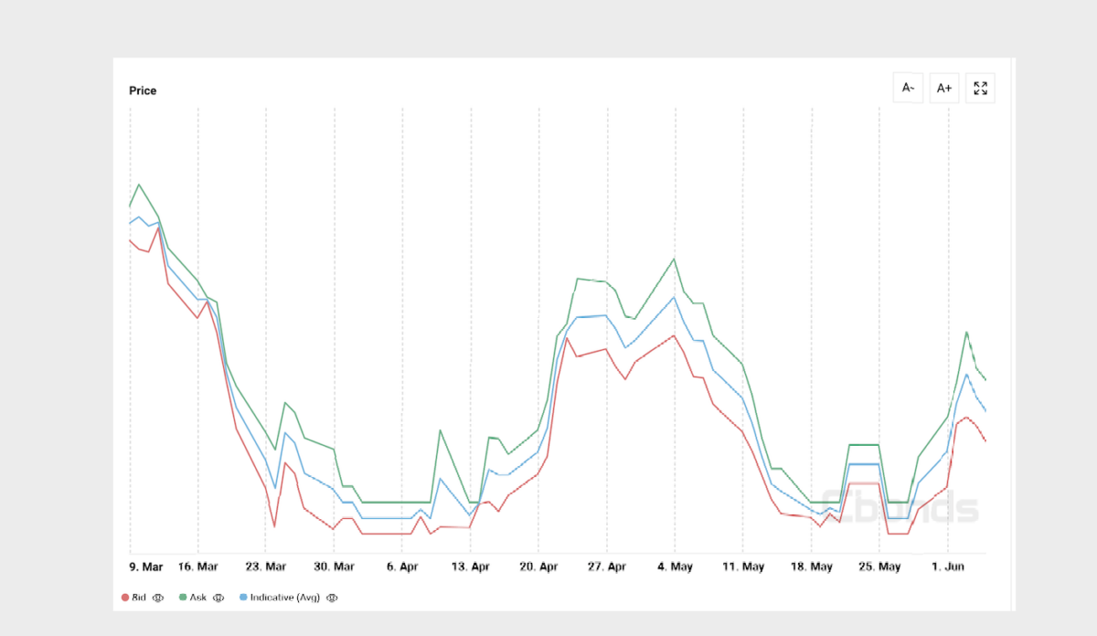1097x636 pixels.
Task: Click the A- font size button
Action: coord(908,88)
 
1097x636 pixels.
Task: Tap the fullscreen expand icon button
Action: coord(980,88)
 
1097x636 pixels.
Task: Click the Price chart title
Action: coord(143,90)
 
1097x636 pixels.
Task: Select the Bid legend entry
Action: coord(133,598)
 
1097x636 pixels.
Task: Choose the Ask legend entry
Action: coord(193,598)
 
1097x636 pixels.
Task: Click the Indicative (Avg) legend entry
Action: coord(280,598)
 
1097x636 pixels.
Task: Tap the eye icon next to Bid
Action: coord(157,598)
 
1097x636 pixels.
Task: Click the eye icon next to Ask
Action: coord(218,598)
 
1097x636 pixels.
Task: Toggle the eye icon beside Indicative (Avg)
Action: coord(332,598)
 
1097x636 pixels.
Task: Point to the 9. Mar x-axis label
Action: coord(146,567)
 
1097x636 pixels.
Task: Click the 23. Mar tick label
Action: coord(265,567)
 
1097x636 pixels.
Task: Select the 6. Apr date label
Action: coord(402,567)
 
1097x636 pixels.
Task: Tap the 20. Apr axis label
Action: coord(538,567)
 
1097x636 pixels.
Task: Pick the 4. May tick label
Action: coord(675,567)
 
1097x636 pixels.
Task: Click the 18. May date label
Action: coord(812,567)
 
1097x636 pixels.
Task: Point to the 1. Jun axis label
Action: coord(948,567)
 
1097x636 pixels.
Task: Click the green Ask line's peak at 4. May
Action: coord(674,259)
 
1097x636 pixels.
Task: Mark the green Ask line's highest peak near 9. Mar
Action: coord(140,185)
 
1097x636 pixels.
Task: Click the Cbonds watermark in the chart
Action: coord(900,507)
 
